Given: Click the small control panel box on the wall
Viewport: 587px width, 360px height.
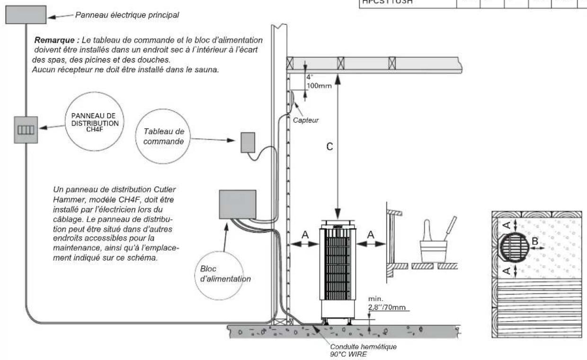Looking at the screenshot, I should point(248,142).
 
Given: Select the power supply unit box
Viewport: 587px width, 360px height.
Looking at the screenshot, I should point(237,204).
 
